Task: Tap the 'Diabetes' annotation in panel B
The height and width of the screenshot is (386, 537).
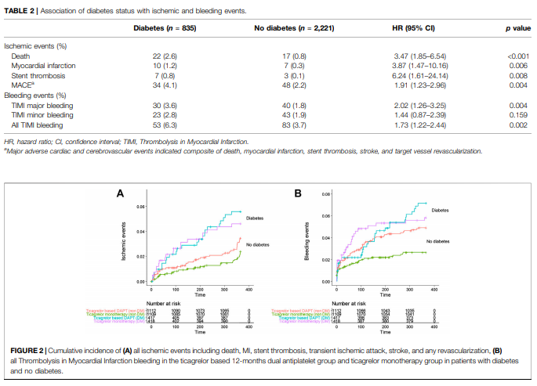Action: click(441, 211)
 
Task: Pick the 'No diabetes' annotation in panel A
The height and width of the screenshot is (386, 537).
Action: click(257, 245)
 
